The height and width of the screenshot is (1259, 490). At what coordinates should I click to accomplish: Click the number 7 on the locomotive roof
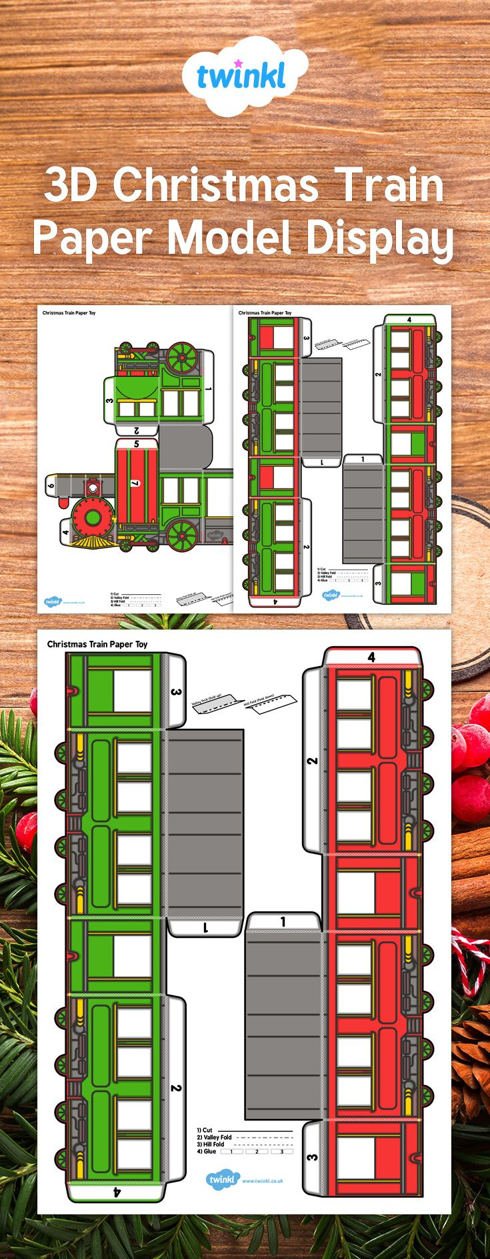coord(135,483)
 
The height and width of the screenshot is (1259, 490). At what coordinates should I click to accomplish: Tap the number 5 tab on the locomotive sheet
coord(136,443)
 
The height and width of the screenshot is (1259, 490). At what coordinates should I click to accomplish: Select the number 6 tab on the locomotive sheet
coord(51,486)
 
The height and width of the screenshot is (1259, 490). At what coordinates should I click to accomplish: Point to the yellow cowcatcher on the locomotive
coord(91,543)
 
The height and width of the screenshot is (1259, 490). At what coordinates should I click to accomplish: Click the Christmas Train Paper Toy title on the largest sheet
coord(97,644)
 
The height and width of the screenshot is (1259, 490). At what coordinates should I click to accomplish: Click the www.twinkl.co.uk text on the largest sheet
coord(263,1181)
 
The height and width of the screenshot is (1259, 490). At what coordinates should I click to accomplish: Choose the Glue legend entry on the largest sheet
coord(207,1151)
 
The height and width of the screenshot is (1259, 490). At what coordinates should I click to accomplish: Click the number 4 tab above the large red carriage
coord(371,657)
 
